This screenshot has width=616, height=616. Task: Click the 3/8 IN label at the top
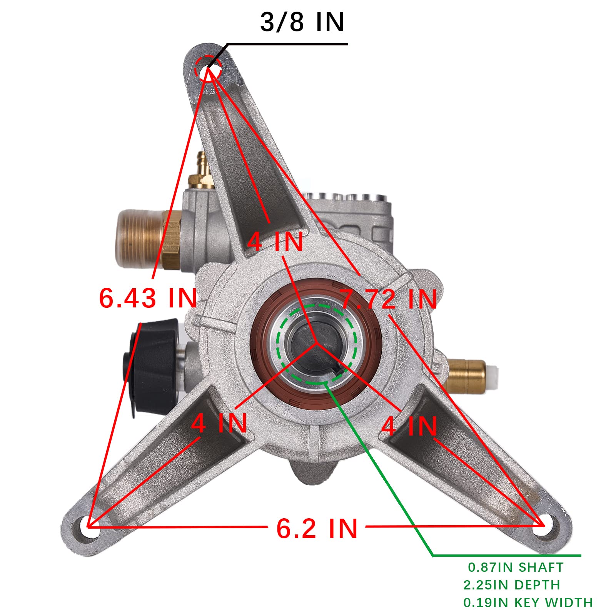[x=302, y=22]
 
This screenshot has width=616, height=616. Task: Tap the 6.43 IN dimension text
[x=148, y=298]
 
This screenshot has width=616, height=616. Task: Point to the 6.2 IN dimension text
[x=317, y=528]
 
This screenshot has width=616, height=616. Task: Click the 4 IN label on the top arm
[x=275, y=242]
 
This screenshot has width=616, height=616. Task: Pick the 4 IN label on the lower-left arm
[x=219, y=423]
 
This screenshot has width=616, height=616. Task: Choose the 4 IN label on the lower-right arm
[x=409, y=426]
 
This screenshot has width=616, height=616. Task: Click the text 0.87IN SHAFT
[x=516, y=567]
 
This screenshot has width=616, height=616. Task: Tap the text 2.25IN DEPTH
[x=511, y=585]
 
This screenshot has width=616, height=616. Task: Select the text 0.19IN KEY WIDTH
[x=528, y=603]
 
